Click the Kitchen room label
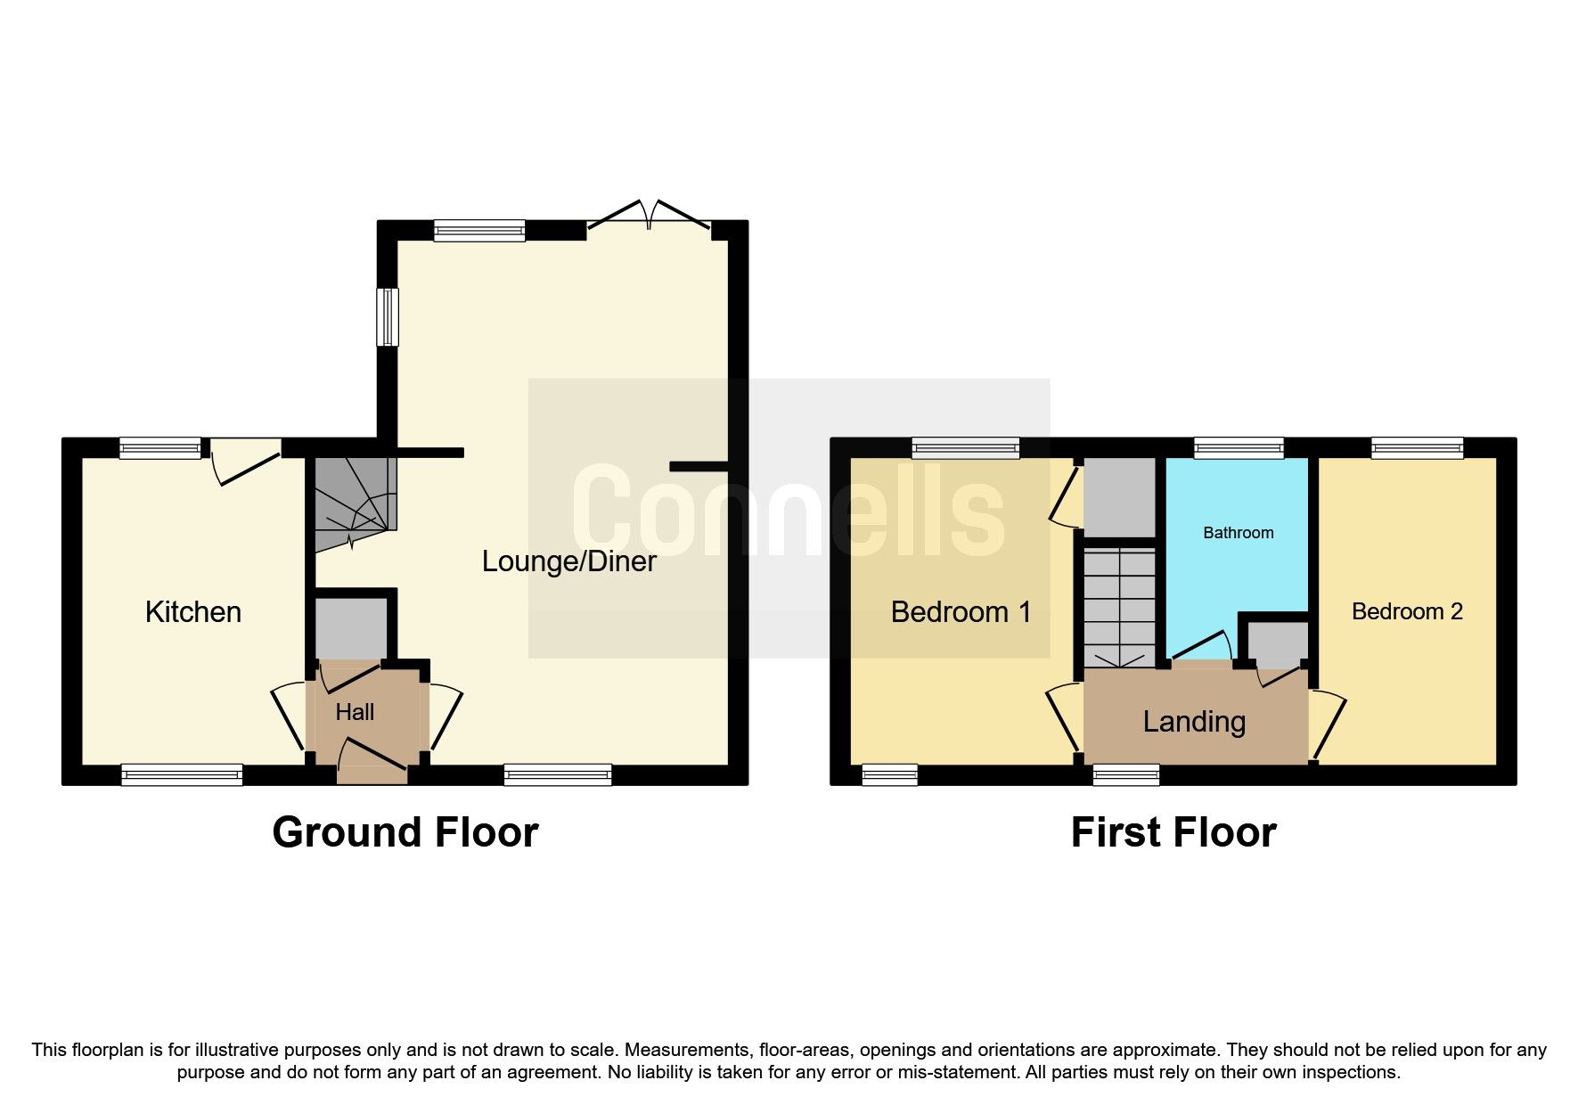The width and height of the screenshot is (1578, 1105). [x=192, y=612]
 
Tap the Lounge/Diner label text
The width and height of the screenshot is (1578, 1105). [x=568, y=561]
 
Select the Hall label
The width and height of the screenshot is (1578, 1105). [x=355, y=712]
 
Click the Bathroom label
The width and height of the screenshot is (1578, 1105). [x=1238, y=533]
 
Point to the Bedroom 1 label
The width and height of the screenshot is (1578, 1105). [x=961, y=612]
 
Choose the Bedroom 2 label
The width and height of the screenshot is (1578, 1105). [x=1407, y=611]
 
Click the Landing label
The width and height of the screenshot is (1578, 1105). [x=1194, y=721]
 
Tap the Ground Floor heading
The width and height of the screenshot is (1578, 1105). [x=405, y=832]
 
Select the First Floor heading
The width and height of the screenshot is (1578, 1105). [x=1173, y=832]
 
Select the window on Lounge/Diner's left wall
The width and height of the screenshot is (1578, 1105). [x=388, y=316]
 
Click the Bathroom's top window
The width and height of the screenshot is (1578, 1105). [x=1239, y=447]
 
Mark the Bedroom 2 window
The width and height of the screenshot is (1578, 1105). [x=1417, y=447]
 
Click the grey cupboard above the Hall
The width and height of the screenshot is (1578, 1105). [x=351, y=628]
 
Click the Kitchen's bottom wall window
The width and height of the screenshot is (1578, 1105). [x=182, y=774]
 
